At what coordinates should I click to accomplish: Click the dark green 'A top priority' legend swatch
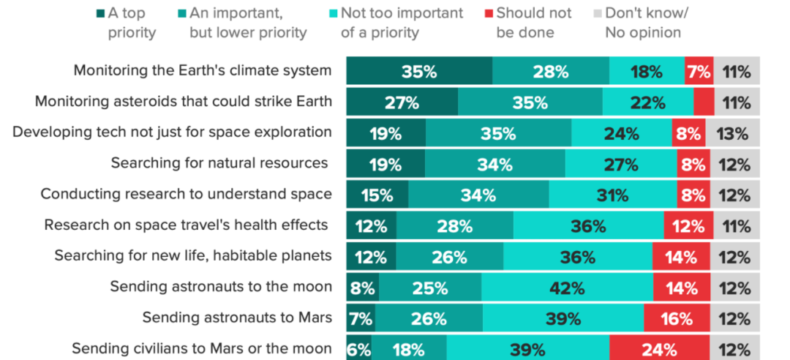101,12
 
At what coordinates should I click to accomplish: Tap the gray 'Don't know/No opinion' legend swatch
598,12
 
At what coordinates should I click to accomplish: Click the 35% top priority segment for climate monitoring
419,72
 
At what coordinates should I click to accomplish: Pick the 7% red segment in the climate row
699,72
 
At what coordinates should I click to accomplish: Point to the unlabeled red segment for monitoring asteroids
704,102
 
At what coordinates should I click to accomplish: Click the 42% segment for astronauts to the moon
567,288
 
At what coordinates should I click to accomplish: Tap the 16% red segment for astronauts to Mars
677,319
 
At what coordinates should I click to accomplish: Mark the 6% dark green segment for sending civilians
359,350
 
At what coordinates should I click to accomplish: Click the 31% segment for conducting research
612,195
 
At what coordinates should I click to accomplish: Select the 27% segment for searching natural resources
620,164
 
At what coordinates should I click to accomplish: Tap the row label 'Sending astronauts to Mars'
237,318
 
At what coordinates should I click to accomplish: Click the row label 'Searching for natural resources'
220,162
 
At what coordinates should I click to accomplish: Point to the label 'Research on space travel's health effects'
186,225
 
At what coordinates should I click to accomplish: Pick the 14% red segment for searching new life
682,257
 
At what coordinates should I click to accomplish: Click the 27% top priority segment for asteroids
402,102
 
